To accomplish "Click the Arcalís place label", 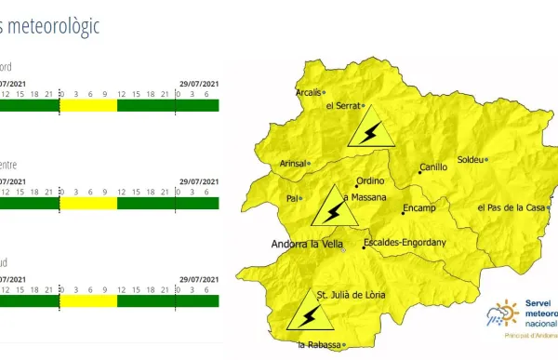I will [307, 92].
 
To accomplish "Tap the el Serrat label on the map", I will [342, 105].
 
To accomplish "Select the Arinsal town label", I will [293, 164].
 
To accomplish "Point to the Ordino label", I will [369, 182].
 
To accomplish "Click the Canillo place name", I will [433, 167].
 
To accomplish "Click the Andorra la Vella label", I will [305, 246].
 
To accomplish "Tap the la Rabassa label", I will [314, 346].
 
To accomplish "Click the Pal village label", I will [292, 197].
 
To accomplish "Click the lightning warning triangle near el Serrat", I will [369, 129].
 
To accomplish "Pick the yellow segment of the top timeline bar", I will [88, 105].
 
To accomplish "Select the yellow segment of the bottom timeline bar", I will [88, 300].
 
